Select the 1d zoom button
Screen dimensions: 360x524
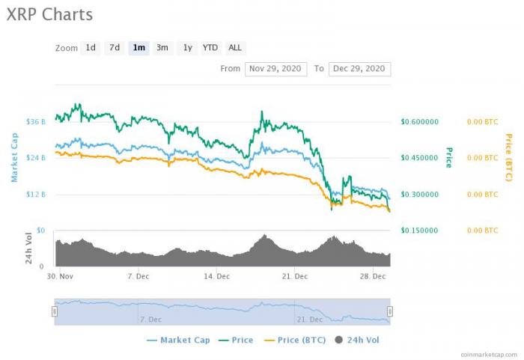point(90,47)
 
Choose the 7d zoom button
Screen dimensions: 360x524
point(115,47)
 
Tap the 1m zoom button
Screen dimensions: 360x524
point(138,47)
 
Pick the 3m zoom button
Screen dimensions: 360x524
point(162,47)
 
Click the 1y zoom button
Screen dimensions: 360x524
point(187,47)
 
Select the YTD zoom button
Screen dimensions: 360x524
point(210,47)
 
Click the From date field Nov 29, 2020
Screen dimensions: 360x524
point(275,68)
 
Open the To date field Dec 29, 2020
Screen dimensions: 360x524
point(359,68)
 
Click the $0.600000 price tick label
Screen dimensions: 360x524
point(419,121)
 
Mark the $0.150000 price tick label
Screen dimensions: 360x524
point(419,231)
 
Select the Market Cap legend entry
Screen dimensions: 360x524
point(179,340)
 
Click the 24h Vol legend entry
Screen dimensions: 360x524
point(358,340)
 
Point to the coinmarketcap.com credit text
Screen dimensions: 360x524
point(487,354)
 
